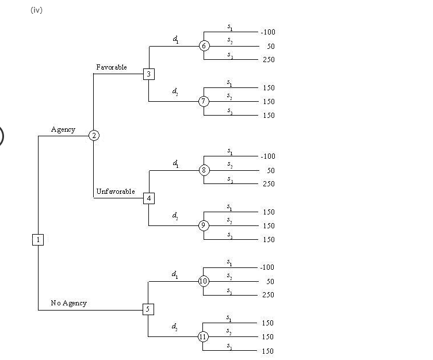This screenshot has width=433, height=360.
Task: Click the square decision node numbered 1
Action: pyautogui.click(x=37, y=239)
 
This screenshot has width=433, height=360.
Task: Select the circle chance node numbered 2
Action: pyautogui.click(x=93, y=135)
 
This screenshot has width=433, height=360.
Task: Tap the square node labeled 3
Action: pyautogui.click(x=149, y=74)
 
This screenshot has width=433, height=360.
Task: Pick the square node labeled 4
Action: pyautogui.click(x=149, y=198)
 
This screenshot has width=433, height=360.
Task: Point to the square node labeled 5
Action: pyautogui.click(x=148, y=309)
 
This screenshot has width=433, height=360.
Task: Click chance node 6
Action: pyautogui.click(x=204, y=46)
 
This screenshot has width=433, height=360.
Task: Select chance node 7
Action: pyautogui.click(x=204, y=101)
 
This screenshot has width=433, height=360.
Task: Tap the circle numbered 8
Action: pyautogui.click(x=204, y=170)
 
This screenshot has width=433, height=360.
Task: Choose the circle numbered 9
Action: pyautogui.click(x=204, y=225)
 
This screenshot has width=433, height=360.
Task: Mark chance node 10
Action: pyautogui.click(x=204, y=281)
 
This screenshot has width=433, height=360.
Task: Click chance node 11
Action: pyautogui.click(x=204, y=336)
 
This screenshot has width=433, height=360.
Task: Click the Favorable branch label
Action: pyautogui.click(x=112, y=67)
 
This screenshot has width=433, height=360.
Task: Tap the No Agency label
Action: pyautogui.click(x=68, y=303)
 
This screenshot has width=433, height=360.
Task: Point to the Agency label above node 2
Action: pyautogui.click(x=63, y=129)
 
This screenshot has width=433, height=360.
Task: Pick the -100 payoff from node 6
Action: pyautogui.click(x=267, y=32)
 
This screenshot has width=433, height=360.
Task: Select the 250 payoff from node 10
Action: pyautogui.click(x=269, y=295)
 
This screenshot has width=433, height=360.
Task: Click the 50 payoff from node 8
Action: pyautogui.click(x=270, y=170)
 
